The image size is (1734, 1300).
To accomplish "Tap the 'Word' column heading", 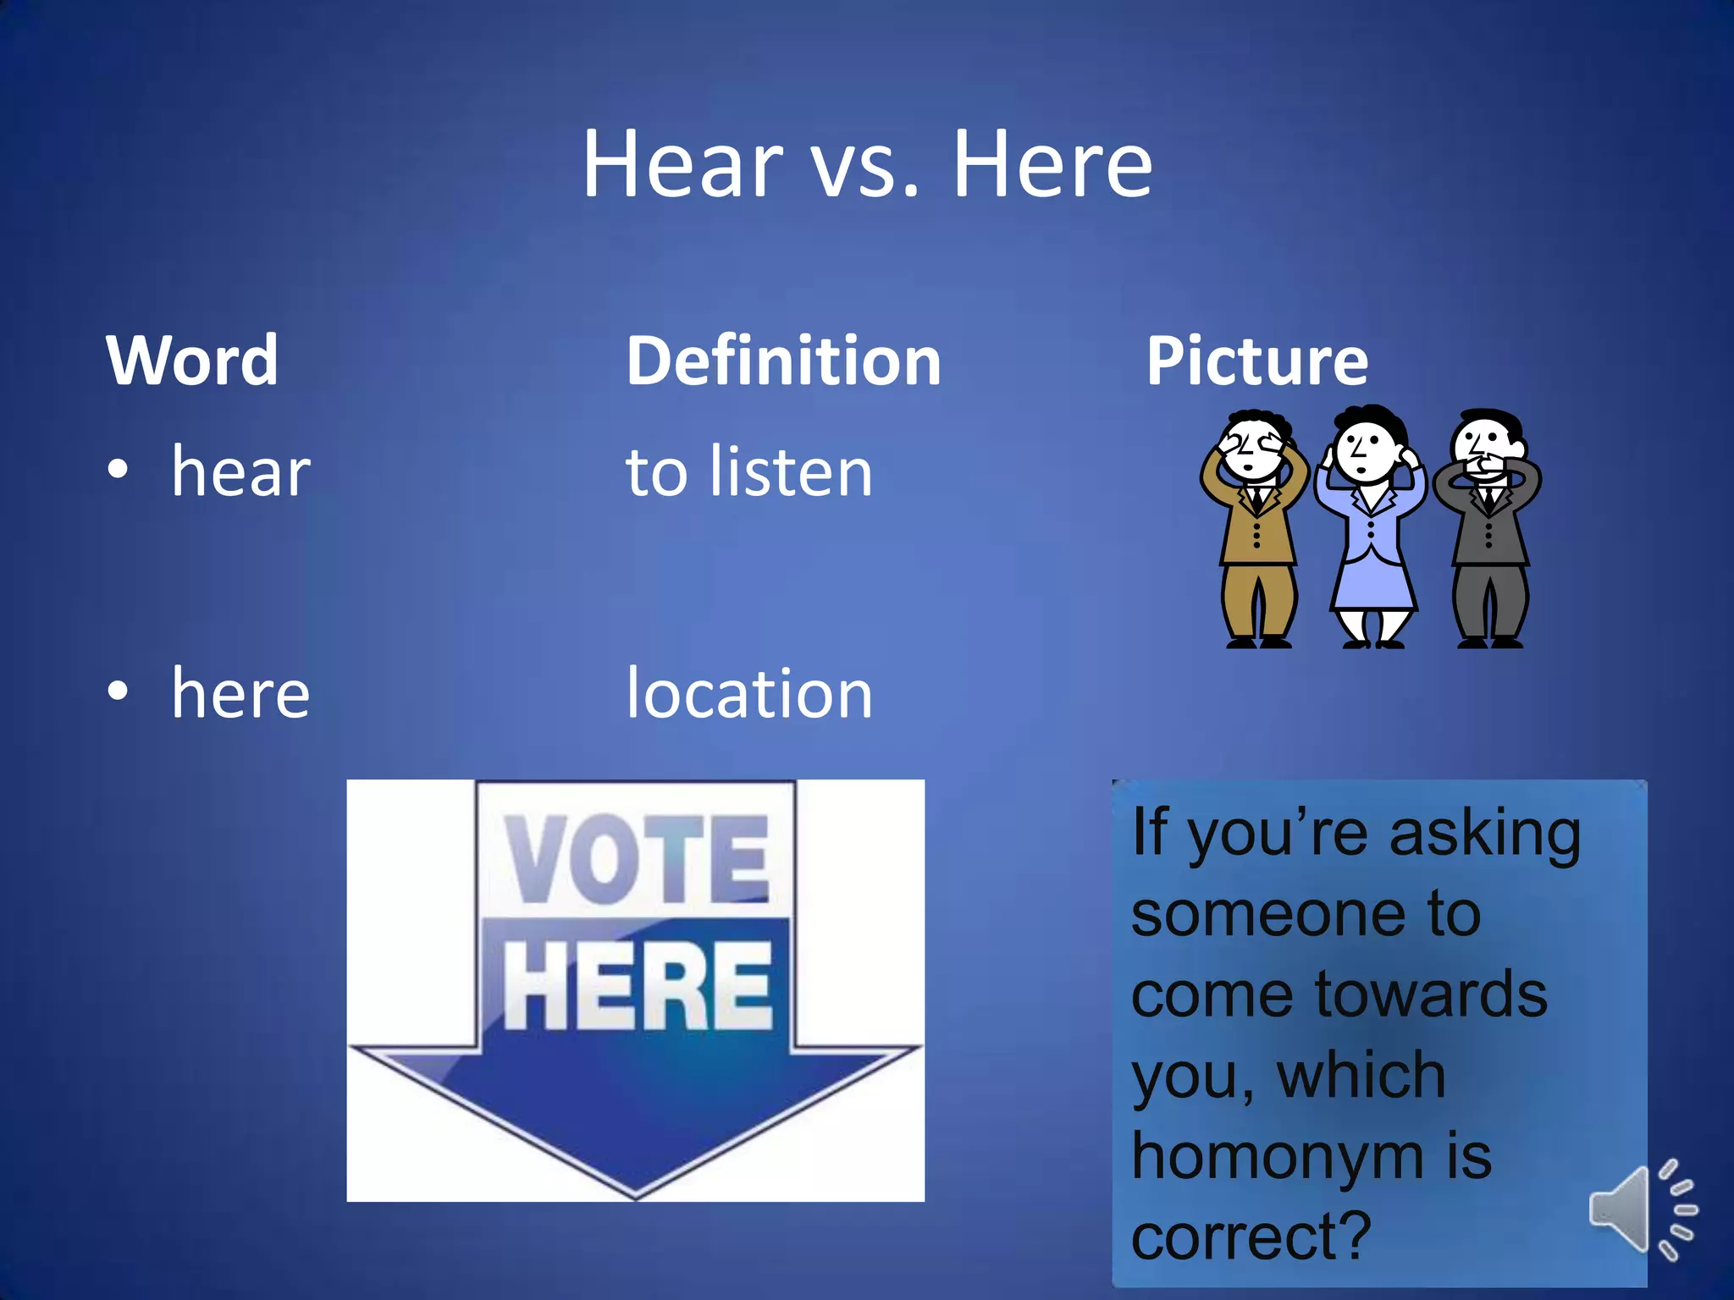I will (x=192, y=361).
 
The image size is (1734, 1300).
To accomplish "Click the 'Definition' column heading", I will (x=783, y=361).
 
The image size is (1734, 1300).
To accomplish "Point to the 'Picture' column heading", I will (x=1256, y=361).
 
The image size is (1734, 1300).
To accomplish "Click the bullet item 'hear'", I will (x=240, y=472).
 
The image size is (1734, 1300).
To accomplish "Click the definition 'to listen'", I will (x=749, y=472).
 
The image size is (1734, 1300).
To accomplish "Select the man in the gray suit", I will (x=1488, y=533).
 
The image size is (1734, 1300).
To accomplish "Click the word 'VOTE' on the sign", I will (x=637, y=859).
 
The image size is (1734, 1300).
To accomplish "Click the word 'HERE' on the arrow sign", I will (x=637, y=986).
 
